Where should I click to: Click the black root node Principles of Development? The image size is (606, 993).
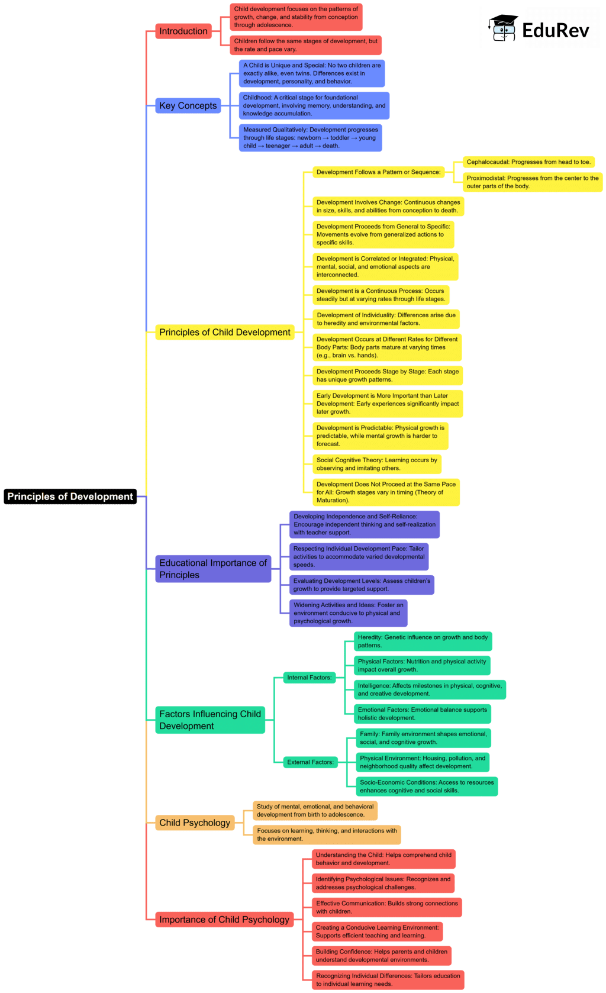click(x=70, y=497)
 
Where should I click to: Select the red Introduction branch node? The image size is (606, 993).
click(x=183, y=31)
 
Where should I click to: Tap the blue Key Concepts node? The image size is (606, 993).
click(x=188, y=106)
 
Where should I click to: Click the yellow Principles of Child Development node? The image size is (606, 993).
click(x=225, y=333)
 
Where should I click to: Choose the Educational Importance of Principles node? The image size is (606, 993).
click(x=213, y=569)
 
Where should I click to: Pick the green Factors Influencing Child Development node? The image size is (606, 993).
click(x=210, y=720)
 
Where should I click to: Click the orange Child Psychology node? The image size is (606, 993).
click(x=195, y=823)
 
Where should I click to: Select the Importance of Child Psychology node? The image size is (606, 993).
click(x=224, y=920)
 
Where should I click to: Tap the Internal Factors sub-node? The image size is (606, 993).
click(x=310, y=678)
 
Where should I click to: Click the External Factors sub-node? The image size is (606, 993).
click(x=311, y=762)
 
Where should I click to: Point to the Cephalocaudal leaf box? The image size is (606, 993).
click(x=528, y=162)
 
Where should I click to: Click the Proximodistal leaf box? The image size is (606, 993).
click(x=532, y=182)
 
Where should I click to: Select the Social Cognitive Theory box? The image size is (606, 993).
click(x=377, y=464)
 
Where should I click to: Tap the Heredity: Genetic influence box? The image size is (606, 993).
click(x=423, y=641)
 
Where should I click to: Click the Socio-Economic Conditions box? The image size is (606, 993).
click(x=427, y=786)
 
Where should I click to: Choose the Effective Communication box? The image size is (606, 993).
click(x=386, y=907)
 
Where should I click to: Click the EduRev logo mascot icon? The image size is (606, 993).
click(x=504, y=28)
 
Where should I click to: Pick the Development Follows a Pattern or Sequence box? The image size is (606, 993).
click(x=378, y=172)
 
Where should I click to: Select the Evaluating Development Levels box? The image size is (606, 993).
click(x=362, y=585)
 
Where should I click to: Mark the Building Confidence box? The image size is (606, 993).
click(x=382, y=956)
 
